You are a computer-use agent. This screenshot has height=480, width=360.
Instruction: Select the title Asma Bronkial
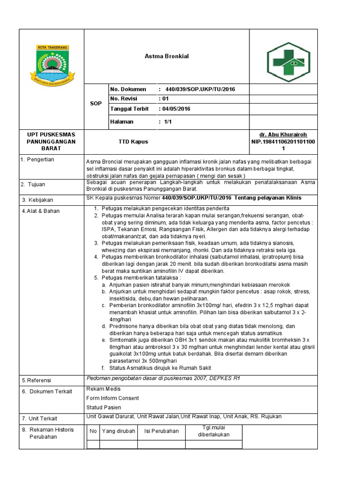pyautogui.click(x=166, y=57)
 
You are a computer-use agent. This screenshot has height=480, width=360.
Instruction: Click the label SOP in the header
pyautogui.click(x=96, y=104)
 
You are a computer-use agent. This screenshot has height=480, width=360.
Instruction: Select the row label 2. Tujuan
pyautogui.click(x=33, y=185)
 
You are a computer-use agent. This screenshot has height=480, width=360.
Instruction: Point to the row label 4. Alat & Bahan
pyautogui.click(x=41, y=211)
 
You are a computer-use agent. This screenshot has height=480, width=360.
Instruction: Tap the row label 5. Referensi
pyautogui.click(x=37, y=380)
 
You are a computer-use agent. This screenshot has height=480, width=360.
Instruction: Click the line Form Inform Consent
pyautogui.click(x=112, y=398)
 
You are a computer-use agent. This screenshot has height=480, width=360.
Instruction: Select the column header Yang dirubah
pyautogui.click(x=119, y=431)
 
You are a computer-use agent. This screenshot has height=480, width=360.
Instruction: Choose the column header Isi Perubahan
pyautogui.click(x=161, y=431)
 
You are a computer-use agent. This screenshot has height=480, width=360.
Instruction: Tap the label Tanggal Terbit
pyautogui.click(x=129, y=109)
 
